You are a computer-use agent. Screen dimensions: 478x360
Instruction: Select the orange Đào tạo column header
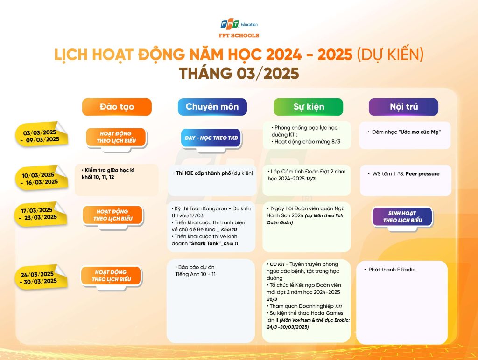(x=117, y=107)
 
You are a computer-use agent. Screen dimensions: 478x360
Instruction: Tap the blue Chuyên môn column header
(x=212, y=107)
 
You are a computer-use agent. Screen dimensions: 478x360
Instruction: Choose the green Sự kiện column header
(x=308, y=107)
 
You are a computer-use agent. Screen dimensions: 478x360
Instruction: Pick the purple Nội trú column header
(x=404, y=107)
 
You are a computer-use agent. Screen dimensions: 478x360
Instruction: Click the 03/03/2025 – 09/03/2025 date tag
(x=41, y=135)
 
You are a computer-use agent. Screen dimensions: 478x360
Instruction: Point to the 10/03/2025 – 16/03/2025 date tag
(x=41, y=178)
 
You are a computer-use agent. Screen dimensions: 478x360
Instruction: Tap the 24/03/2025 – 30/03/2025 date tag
(x=40, y=277)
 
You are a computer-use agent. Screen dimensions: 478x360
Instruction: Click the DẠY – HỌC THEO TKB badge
(x=211, y=139)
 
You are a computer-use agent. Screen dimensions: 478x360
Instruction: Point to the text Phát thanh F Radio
(x=392, y=270)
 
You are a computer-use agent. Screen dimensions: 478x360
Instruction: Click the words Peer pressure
(x=422, y=174)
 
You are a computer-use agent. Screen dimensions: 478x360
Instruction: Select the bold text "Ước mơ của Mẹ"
(x=420, y=132)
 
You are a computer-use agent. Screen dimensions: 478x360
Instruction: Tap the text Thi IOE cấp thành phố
(x=204, y=173)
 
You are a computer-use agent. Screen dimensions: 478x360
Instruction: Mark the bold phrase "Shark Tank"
(x=205, y=244)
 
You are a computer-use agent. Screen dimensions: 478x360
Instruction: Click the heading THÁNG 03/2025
(x=239, y=73)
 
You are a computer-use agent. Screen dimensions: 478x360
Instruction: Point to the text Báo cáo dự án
(x=196, y=267)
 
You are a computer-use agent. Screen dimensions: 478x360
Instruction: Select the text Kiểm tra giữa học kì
(x=109, y=170)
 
